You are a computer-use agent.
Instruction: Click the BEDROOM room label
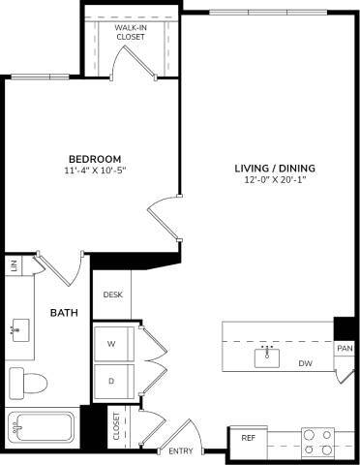tap(94, 159)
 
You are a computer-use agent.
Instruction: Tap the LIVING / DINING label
tap(274, 168)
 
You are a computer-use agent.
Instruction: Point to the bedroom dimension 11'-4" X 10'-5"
tap(95, 170)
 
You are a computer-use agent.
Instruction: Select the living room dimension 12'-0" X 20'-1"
tap(275, 180)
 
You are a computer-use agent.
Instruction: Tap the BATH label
tap(64, 312)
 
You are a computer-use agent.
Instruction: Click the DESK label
tap(111, 295)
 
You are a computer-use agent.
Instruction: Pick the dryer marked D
tap(111, 380)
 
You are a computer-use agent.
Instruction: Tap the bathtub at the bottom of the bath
tap(43, 427)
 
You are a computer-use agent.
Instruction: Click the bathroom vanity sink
tap(16, 328)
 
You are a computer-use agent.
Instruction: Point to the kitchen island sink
tap(268, 356)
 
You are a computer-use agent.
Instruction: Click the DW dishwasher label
tap(305, 363)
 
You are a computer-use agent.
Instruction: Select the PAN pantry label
tap(344, 347)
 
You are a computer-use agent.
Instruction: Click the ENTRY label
tap(180, 451)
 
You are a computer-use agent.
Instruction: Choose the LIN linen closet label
tap(14, 264)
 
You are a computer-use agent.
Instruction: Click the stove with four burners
tap(316, 442)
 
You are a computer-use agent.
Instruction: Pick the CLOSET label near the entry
tap(116, 427)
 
